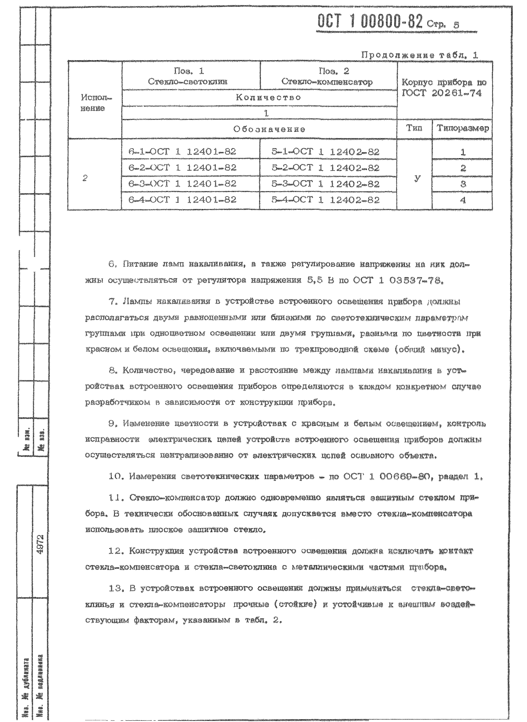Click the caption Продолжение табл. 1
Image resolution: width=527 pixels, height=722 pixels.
(420, 55)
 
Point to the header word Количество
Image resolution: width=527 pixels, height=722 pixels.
(268, 97)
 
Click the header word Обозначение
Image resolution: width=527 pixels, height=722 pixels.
(269, 129)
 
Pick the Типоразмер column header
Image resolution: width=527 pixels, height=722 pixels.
(463, 128)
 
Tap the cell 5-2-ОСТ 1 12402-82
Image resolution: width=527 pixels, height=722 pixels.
(325, 168)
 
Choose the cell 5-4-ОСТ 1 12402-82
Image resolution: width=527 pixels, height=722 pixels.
(325, 200)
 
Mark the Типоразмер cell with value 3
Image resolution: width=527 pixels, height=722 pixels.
(463, 184)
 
